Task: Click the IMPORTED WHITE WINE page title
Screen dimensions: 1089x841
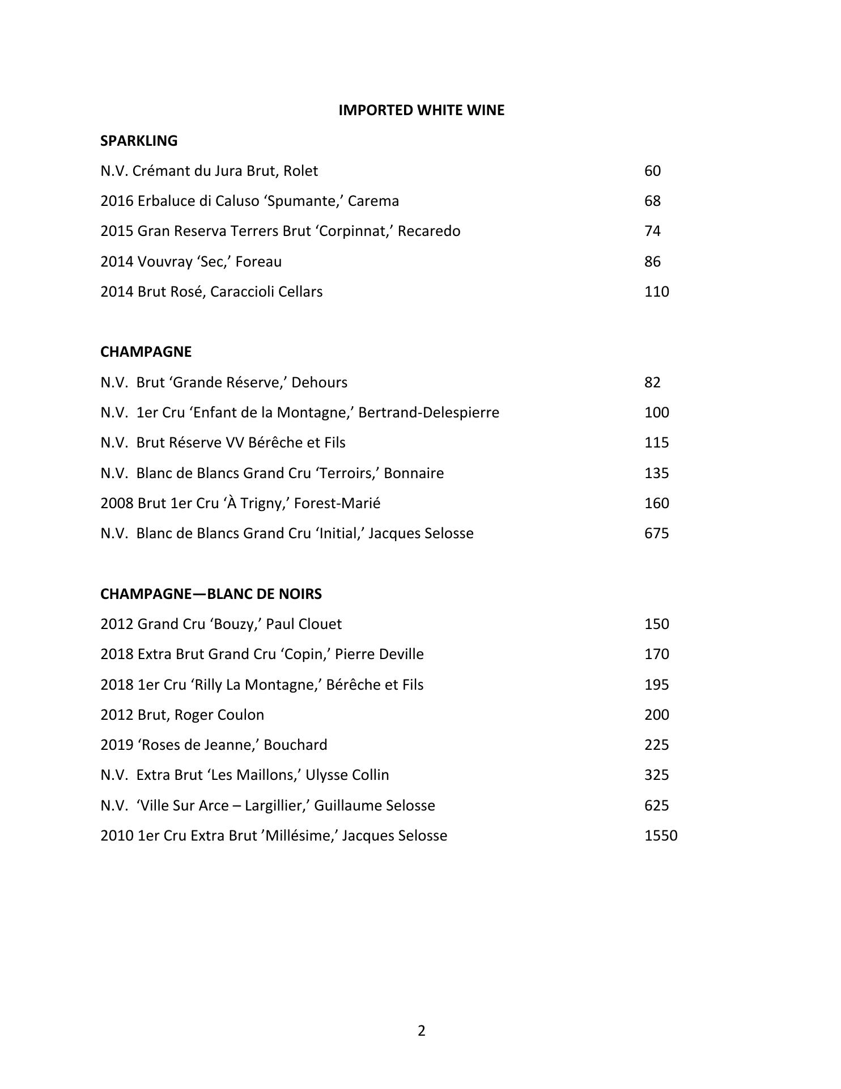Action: click(421, 110)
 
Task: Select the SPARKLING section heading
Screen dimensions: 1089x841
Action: click(139, 141)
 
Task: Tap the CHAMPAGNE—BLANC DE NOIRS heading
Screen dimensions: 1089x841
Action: click(211, 594)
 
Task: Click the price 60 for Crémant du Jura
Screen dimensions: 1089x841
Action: click(652, 171)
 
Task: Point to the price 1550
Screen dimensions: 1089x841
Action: click(661, 835)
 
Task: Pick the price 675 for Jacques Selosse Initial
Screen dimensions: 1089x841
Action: click(656, 533)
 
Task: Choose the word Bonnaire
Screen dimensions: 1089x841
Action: click(414, 473)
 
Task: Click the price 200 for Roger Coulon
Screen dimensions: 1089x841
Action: click(656, 715)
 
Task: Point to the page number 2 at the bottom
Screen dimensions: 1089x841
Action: click(421, 1031)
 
